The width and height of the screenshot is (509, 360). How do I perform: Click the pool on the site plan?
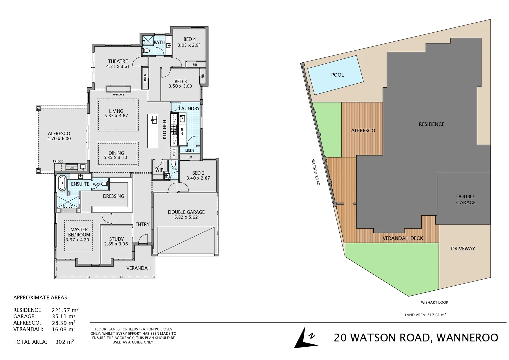[335, 75]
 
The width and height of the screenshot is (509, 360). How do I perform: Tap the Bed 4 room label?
[189, 39]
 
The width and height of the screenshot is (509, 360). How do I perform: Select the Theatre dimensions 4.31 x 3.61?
[118, 66]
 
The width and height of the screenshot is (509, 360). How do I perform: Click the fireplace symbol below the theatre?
[118, 89]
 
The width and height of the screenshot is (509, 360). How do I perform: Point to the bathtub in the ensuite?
[62, 184]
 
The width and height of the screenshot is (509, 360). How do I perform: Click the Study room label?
[116, 239]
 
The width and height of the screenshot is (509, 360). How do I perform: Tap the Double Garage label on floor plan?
[186, 212]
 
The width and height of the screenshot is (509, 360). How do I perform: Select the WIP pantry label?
[159, 170]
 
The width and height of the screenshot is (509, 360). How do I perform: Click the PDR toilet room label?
[174, 169]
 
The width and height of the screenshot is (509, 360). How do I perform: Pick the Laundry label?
[189, 108]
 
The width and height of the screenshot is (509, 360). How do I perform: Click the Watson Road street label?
[315, 172]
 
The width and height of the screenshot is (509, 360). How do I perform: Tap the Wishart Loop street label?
[434, 302]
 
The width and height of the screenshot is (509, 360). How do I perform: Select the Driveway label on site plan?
[463, 249]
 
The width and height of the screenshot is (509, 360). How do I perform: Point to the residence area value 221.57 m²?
[65, 310]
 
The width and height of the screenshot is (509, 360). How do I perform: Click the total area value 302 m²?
[64, 342]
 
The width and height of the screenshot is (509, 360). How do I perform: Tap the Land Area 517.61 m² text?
[425, 315]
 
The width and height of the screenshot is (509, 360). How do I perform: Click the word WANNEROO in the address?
[467, 338]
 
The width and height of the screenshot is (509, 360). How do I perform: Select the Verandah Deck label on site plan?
[402, 238]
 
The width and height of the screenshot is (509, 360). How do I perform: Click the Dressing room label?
[113, 196]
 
